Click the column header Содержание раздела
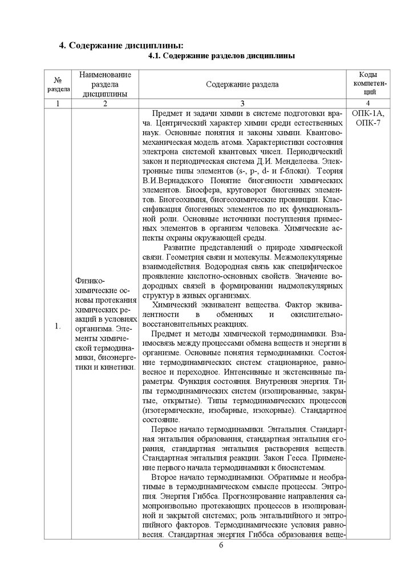(242, 84)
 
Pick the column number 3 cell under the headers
(242, 103)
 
